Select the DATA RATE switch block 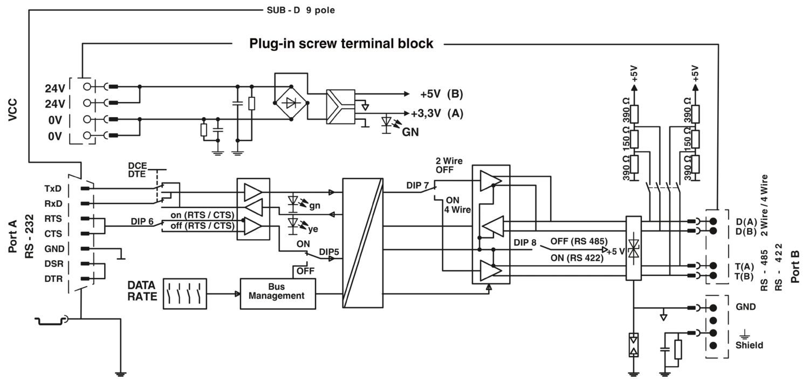(185, 293)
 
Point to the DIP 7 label (417, 185)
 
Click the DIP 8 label (525, 242)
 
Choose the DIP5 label (330, 252)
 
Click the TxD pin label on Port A (52, 189)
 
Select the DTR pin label (52, 279)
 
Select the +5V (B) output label (441, 94)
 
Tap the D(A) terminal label (746, 221)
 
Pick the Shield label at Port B (749, 344)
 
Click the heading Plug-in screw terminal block (341, 44)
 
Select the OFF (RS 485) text (579, 241)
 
